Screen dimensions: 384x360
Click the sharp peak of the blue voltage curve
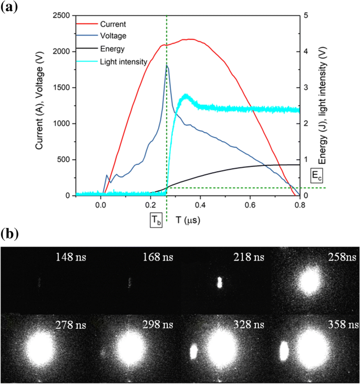click(x=167, y=66)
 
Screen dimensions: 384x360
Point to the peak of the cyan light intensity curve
click(x=185, y=96)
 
